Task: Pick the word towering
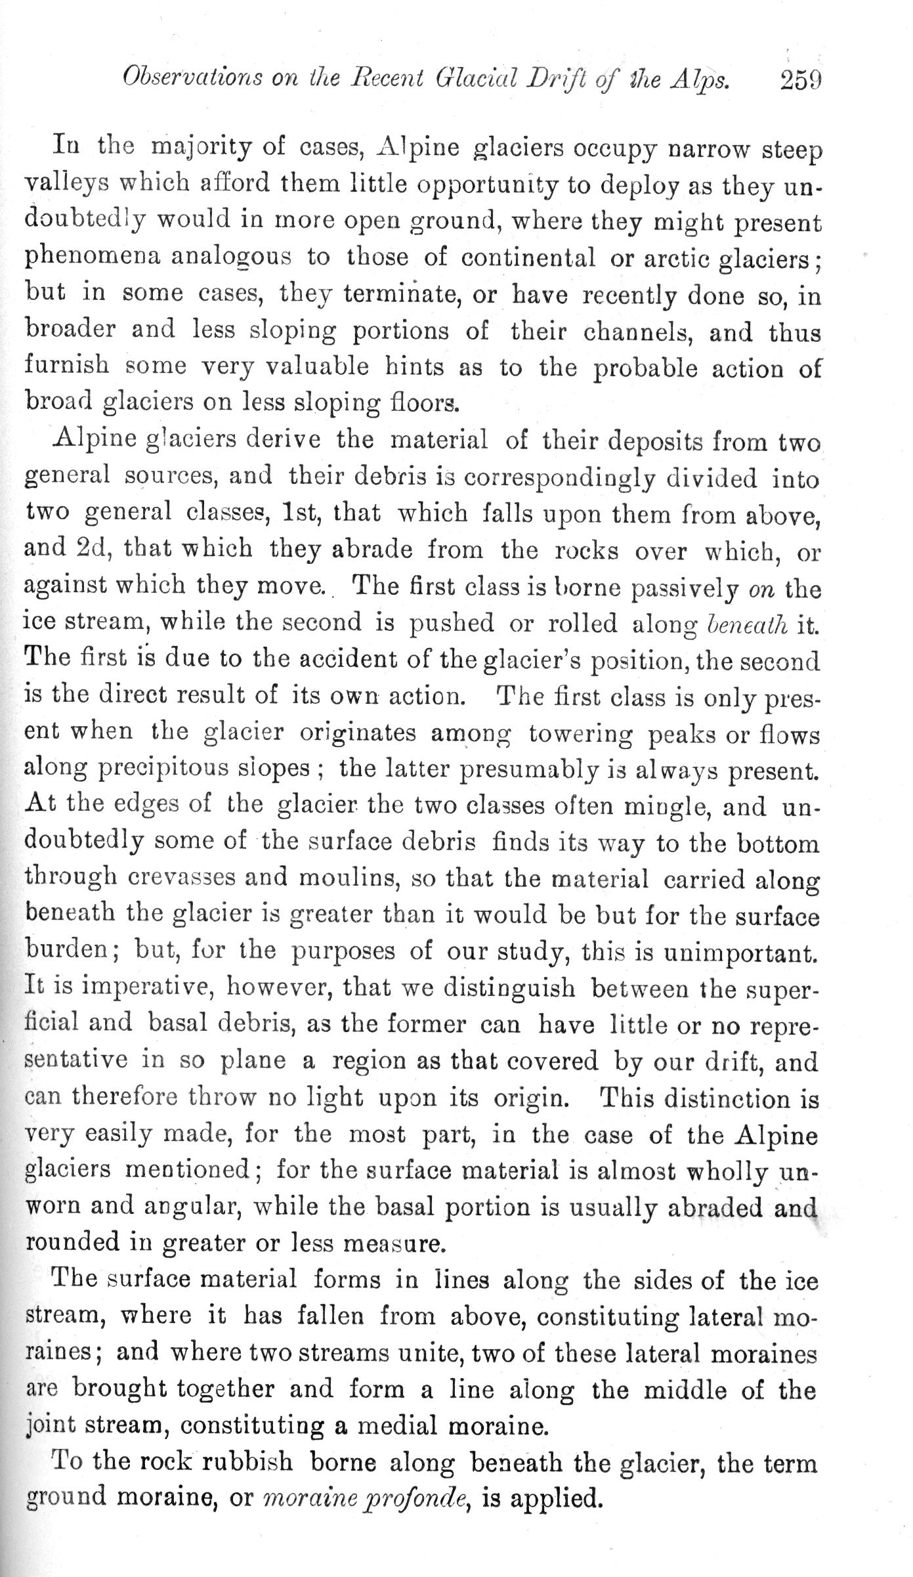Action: (581, 733)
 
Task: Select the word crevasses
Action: (189, 879)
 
